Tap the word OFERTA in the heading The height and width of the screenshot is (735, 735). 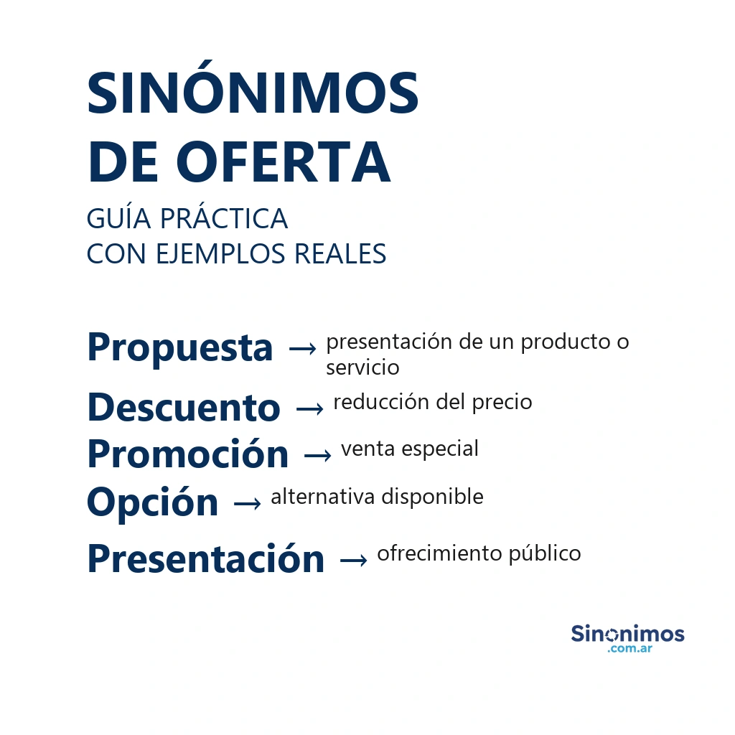[x=283, y=161]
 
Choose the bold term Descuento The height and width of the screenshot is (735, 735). [x=184, y=407]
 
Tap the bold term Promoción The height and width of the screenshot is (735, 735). [x=188, y=454]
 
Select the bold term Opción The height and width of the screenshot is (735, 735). [x=153, y=502]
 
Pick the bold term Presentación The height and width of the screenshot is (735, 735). [x=206, y=558]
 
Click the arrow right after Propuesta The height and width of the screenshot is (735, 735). [x=303, y=349]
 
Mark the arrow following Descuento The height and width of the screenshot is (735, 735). [x=310, y=409]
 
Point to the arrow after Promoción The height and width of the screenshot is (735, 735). [x=318, y=456]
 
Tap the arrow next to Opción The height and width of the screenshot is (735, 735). [x=248, y=504]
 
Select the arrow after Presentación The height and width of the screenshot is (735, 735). [x=354, y=560]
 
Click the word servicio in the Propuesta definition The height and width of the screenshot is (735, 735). [x=362, y=367]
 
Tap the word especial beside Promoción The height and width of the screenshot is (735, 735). [x=440, y=449]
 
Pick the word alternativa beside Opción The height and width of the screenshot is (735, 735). [x=322, y=497]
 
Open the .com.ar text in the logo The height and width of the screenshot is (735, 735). [x=629, y=649]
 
